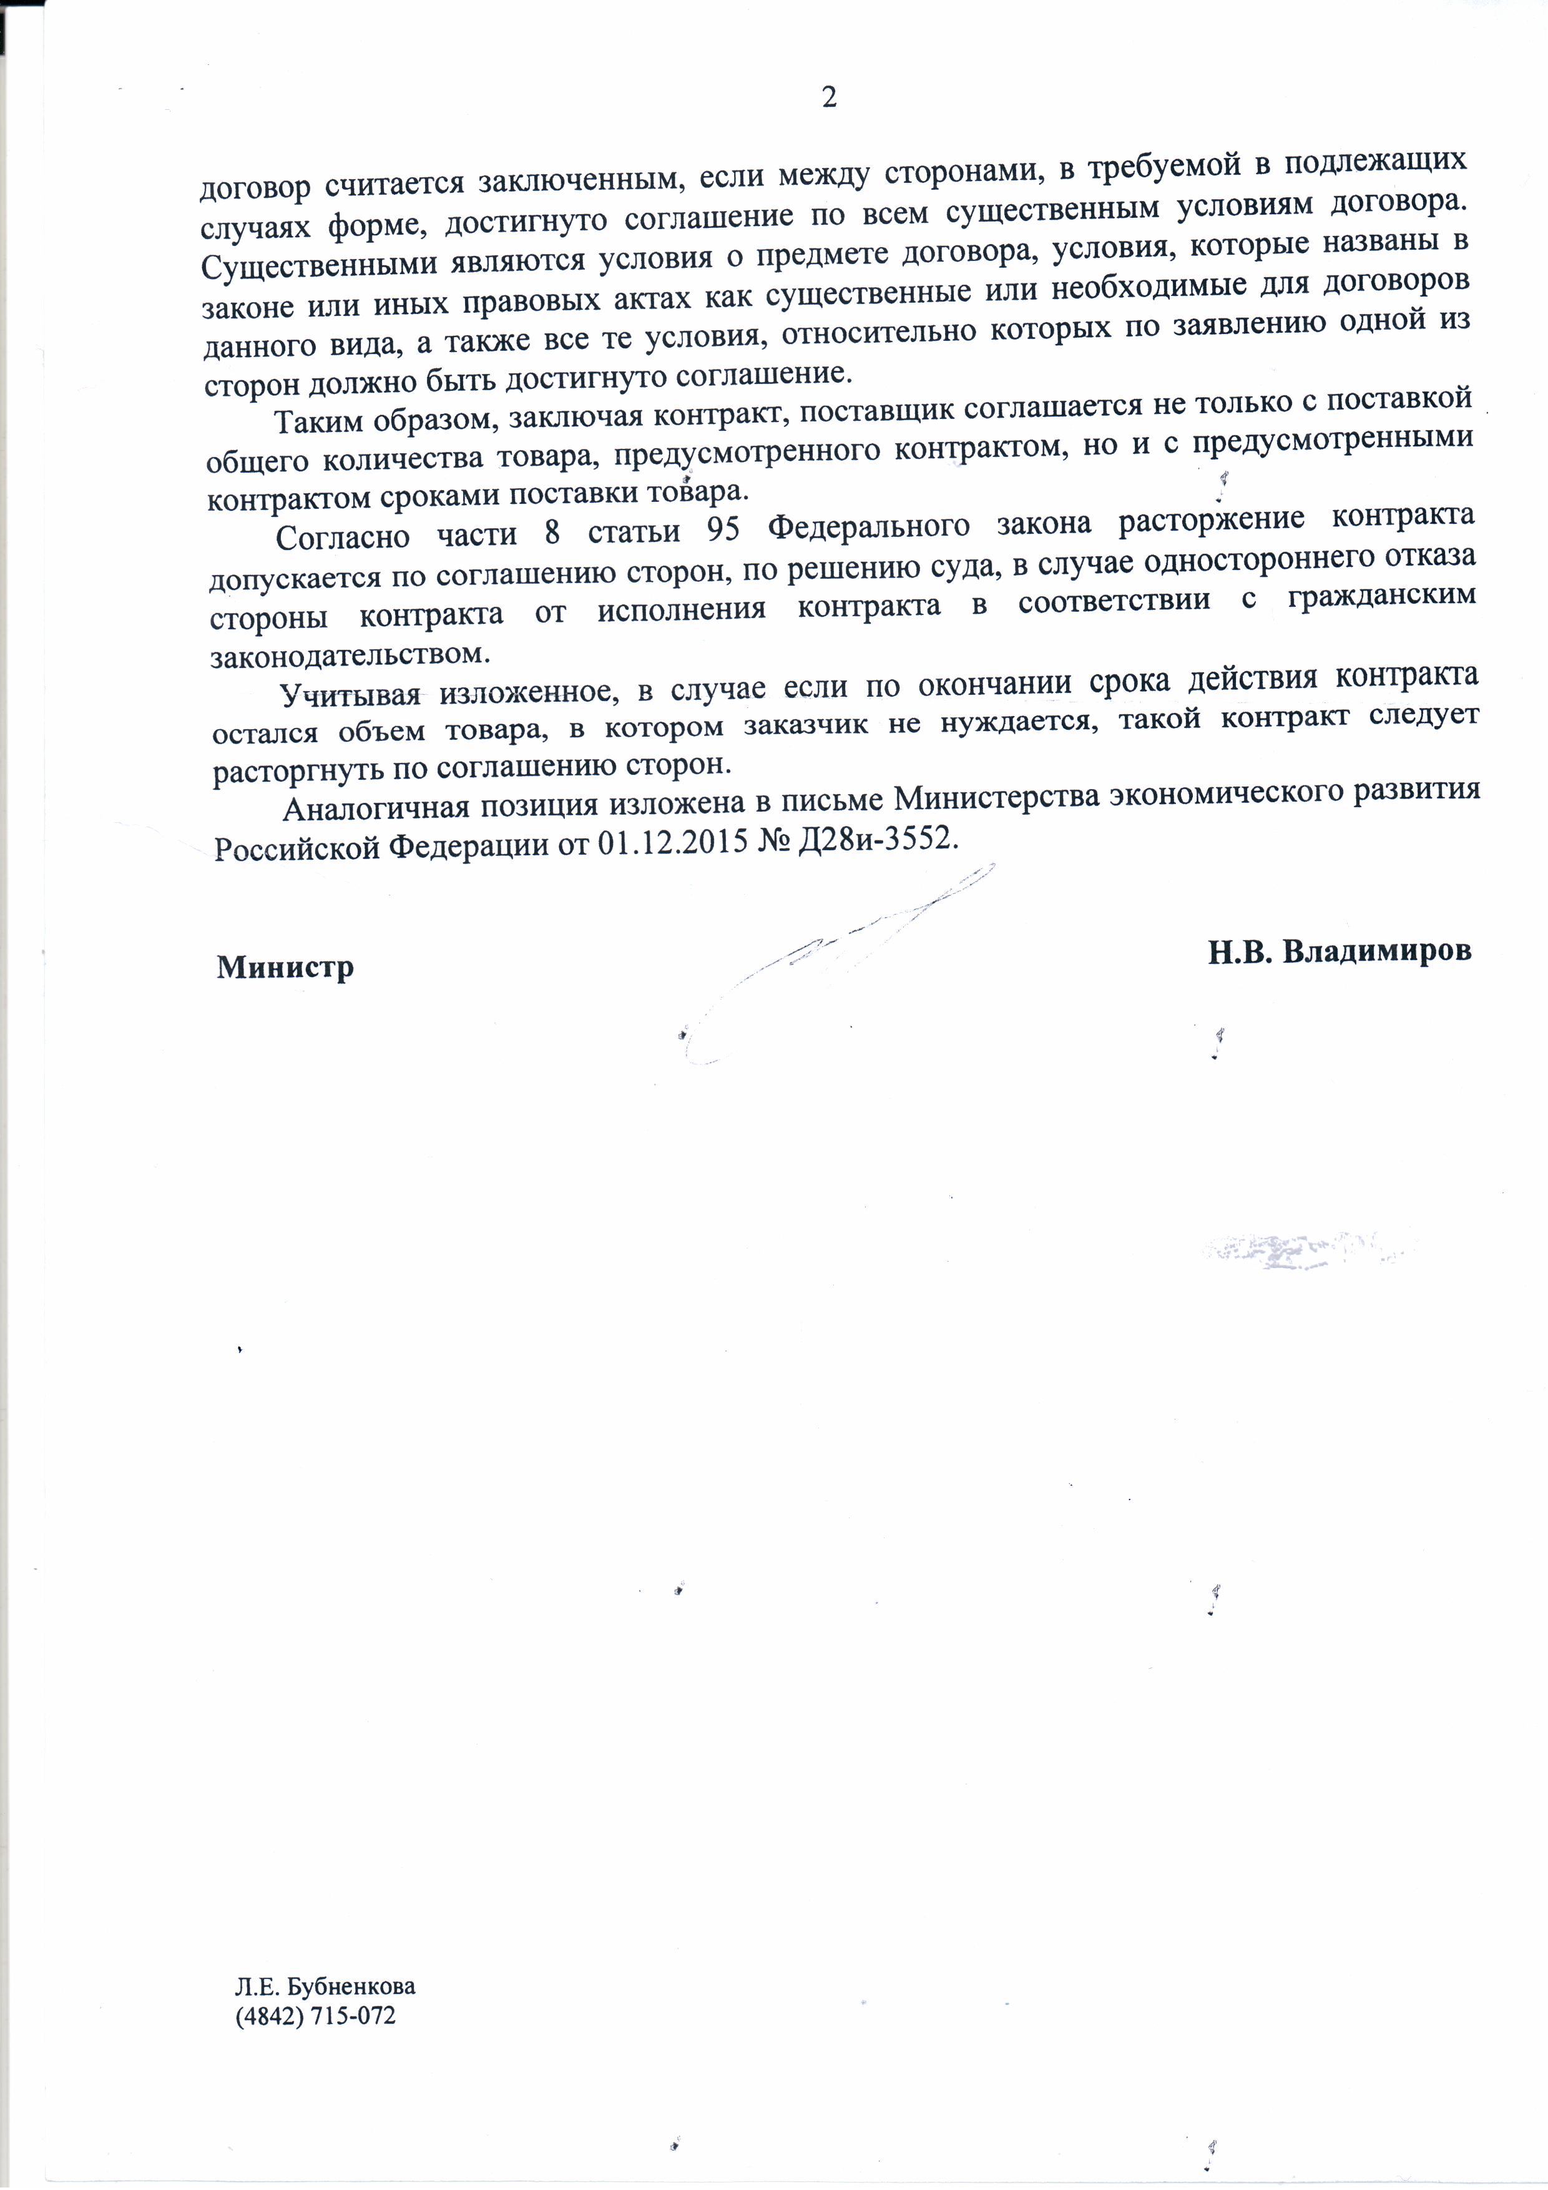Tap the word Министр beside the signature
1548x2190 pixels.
(x=285, y=967)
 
